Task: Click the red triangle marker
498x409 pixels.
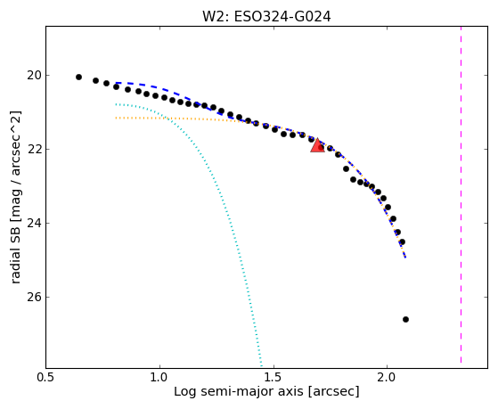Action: (x=317, y=146)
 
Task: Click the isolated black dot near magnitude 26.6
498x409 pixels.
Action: (x=405, y=319)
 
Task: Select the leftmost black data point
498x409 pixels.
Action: (x=78, y=77)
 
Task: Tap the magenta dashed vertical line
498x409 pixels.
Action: (x=461, y=195)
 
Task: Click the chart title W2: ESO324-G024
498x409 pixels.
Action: (x=266, y=17)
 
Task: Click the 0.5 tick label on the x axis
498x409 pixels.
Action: (x=46, y=377)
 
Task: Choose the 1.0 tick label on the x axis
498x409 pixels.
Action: (x=159, y=377)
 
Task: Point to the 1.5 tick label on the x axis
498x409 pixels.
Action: (x=273, y=377)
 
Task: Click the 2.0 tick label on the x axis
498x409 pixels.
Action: (x=387, y=377)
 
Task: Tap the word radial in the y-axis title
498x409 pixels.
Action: (x=15, y=267)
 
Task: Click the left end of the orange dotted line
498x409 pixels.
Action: (x=116, y=118)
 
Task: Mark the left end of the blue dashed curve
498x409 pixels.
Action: (x=116, y=83)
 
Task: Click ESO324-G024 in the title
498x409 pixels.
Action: (x=282, y=17)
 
